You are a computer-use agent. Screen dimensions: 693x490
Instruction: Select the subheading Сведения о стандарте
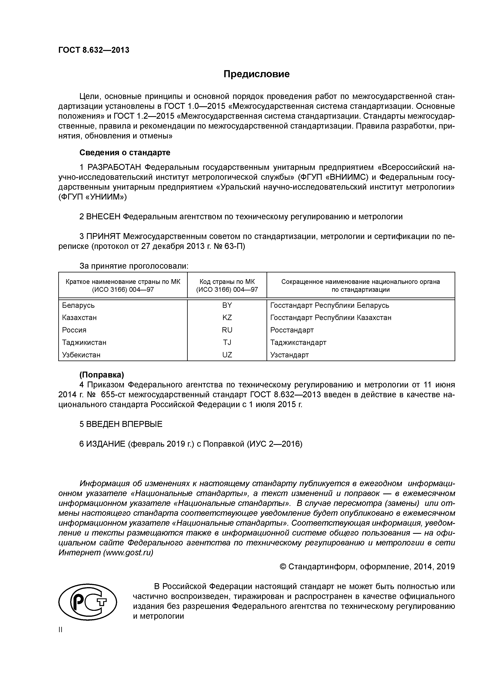coord(125,153)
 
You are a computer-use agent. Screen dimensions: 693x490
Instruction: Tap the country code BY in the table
coord(227,305)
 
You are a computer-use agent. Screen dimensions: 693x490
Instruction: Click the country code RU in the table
coord(227,330)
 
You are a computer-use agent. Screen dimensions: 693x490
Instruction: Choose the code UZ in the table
coord(227,355)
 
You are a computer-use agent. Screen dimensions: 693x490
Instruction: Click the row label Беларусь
coord(78,305)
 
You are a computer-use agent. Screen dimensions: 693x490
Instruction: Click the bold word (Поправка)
coord(101,375)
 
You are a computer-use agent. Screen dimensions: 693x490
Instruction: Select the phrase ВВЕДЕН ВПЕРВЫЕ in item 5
coord(124,424)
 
